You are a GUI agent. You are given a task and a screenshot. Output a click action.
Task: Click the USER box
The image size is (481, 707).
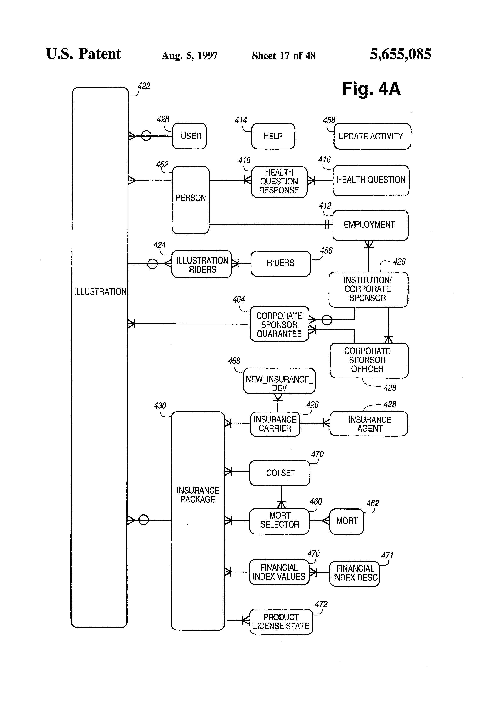tap(189, 136)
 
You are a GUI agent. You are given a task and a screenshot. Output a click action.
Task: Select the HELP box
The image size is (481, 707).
tap(273, 136)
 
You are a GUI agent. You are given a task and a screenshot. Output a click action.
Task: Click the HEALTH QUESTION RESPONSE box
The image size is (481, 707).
tap(279, 182)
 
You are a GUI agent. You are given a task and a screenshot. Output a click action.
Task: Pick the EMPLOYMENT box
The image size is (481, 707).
tap(370, 225)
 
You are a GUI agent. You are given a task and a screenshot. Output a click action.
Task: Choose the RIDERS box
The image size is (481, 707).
tap(280, 263)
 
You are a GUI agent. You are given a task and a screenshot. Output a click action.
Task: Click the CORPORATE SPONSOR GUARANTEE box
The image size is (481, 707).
tap(279, 324)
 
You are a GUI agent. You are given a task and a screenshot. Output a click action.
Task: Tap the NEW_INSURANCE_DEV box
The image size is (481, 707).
tap(279, 381)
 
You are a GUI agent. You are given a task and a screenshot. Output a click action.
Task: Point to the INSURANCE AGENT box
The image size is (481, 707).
tap(368, 424)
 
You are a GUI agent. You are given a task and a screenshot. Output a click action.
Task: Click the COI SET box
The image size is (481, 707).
tap(280, 473)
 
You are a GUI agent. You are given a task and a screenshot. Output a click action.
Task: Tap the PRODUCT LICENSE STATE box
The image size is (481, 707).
tap(281, 622)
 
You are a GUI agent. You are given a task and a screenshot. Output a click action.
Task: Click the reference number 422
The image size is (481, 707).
tap(144, 86)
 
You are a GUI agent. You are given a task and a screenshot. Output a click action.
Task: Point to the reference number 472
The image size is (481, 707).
tap(321, 604)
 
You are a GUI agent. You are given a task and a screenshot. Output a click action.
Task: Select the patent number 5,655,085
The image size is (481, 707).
tap(400, 54)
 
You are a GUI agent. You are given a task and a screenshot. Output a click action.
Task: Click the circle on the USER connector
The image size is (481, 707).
tap(146, 136)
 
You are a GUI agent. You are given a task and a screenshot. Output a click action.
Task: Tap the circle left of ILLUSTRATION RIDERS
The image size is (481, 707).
tap(152, 263)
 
